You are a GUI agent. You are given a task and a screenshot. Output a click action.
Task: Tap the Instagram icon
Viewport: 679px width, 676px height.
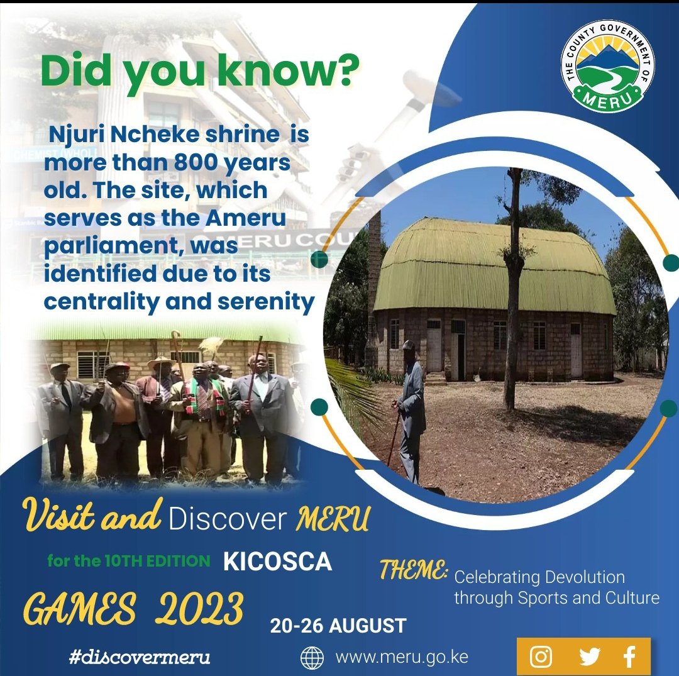541,657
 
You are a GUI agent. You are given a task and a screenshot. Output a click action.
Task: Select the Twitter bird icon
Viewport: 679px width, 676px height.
589,657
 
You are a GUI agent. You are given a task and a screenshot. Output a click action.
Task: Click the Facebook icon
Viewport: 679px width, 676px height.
629,657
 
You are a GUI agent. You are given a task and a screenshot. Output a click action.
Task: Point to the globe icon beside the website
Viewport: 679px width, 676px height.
312,658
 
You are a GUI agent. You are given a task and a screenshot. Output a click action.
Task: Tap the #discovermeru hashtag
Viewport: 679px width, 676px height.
140,658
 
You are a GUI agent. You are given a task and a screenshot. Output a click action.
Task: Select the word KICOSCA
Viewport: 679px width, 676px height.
277,562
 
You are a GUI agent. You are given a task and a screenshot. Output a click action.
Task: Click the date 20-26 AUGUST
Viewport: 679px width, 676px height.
338,626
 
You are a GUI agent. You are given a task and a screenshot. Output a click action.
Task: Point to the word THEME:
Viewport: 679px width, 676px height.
414,570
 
